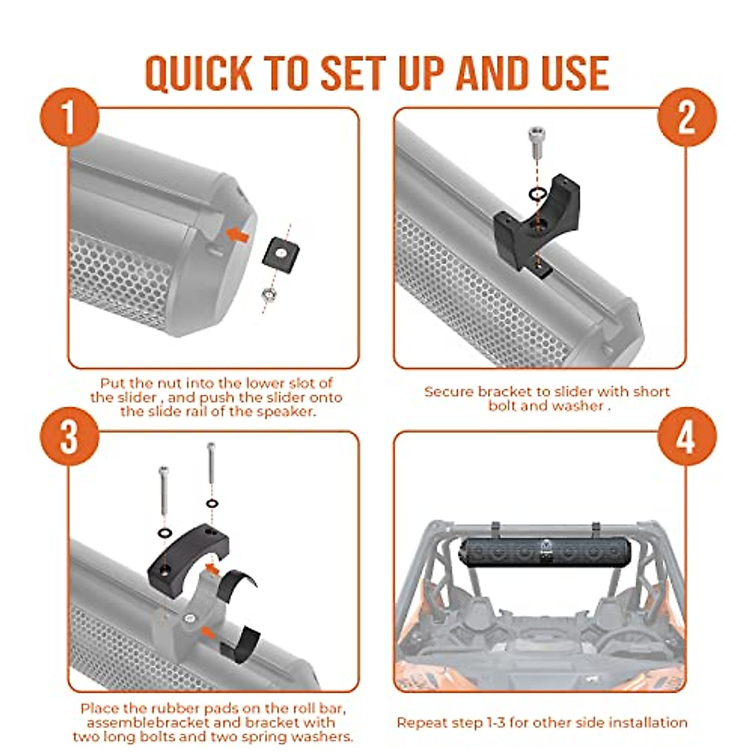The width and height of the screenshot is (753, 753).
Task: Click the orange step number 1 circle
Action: pos(69,117)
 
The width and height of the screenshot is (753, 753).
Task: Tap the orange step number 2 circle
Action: pos(686,117)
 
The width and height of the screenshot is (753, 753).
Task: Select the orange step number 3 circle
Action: pos(69,436)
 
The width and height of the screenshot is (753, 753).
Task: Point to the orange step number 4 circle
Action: pos(686,436)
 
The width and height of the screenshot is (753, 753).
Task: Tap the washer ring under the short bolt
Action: pos(535,193)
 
